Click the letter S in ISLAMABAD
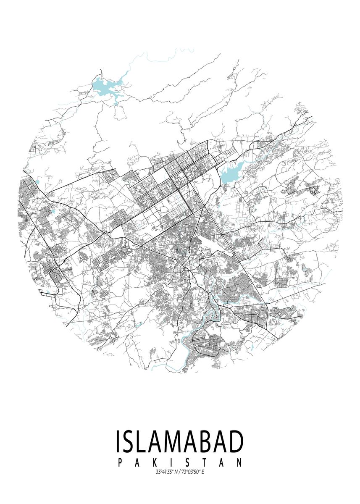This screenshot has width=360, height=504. [x=130, y=441]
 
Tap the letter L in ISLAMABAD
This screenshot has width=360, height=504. [x=144, y=441]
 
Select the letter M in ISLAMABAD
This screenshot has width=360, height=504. [x=174, y=441]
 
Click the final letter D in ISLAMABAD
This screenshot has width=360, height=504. [x=235, y=441]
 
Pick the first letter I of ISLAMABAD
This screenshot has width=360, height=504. [x=118, y=441]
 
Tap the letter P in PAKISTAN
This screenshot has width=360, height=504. [x=121, y=463]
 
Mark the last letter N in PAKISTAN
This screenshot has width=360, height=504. [x=239, y=463]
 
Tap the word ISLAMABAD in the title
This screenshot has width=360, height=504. [x=179, y=441]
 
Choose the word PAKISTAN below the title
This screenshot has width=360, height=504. [x=180, y=463]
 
